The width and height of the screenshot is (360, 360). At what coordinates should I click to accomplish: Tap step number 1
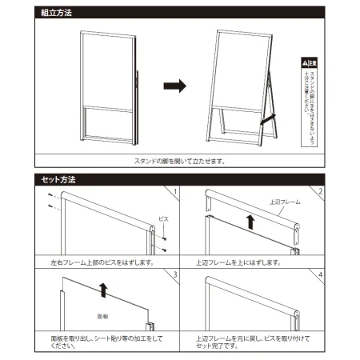174,192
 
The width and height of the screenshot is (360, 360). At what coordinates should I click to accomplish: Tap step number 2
319,192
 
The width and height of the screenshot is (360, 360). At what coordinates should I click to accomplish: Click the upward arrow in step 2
250,221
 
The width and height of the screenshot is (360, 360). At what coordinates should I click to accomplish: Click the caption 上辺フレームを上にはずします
238,262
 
